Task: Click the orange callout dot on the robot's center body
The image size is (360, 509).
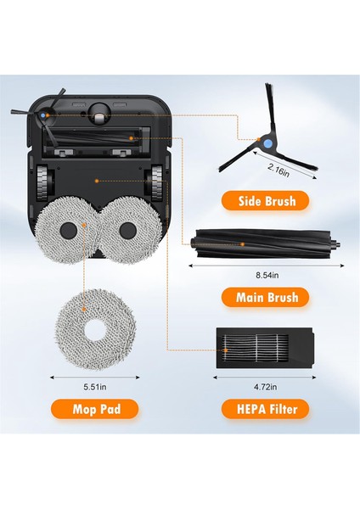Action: pyautogui.click(x=98, y=180)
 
